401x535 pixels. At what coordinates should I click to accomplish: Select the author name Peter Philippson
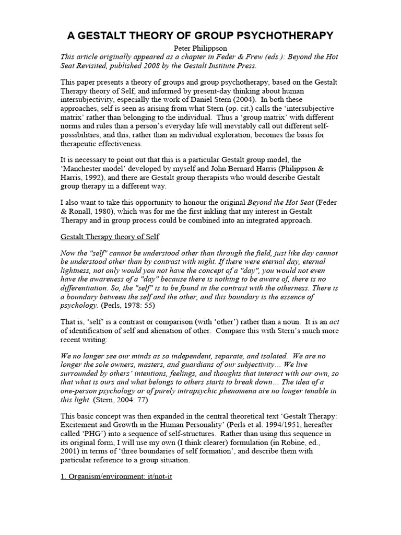(200, 48)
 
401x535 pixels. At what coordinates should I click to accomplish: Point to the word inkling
(206, 211)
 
